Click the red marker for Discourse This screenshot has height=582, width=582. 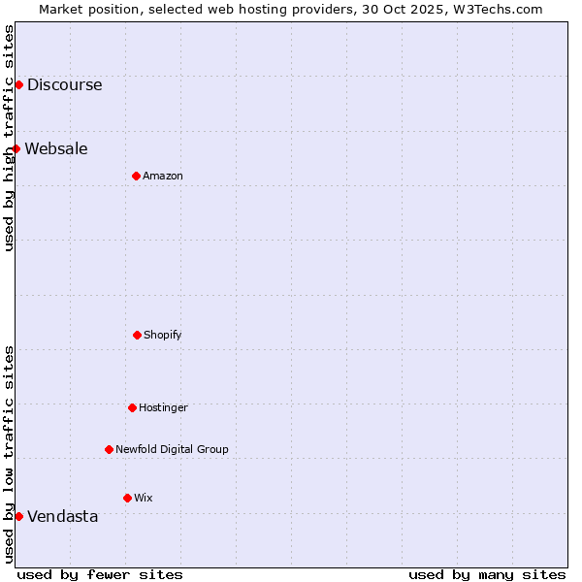click(x=18, y=84)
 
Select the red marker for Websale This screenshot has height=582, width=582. click(x=16, y=148)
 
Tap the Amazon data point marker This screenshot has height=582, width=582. click(x=136, y=176)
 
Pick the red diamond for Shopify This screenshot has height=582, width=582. click(x=137, y=335)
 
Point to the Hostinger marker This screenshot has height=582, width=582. click(x=132, y=407)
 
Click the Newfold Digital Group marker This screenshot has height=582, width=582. click(x=109, y=449)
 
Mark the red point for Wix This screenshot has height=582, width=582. click(x=127, y=498)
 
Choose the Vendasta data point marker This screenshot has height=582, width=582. click(x=18, y=516)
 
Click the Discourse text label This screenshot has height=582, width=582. click(x=64, y=84)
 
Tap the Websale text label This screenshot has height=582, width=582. click(x=56, y=148)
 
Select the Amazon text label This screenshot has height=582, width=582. click(x=163, y=176)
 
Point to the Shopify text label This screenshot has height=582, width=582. click(x=163, y=335)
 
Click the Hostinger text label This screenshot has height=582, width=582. click(x=163, y=407)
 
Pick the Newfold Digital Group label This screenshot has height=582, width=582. click(x=172, y=449)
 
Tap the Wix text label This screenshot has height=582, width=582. click(x=144, y=498)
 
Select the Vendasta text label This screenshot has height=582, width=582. click(x=62, y=516)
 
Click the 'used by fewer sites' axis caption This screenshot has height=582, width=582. click(x=100, y=574)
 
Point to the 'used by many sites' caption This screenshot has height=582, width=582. click(x=487, y=574)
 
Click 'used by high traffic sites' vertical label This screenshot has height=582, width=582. click(x=9, y=138)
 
